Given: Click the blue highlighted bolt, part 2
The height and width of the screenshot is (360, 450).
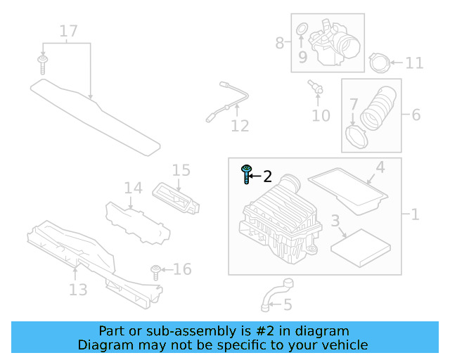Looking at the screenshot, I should point(246,173).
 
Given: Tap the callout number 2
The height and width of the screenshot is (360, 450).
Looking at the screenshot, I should point(267,176).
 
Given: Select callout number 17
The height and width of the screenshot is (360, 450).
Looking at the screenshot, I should point(68,31).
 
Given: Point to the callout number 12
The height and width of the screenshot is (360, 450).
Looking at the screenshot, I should point(240,126).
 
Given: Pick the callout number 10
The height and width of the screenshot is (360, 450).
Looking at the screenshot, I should point(321,115).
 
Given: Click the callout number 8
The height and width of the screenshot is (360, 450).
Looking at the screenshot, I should point(280,43).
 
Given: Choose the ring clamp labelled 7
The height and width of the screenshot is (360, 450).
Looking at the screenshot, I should point(359,134).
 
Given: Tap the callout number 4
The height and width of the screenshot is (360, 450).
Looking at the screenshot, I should point(380,167).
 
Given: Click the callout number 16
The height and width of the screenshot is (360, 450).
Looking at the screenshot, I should point(181,269).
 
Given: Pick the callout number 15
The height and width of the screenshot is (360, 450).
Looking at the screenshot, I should point(181,170).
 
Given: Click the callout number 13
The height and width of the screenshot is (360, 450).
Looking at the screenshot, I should point(77,289).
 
